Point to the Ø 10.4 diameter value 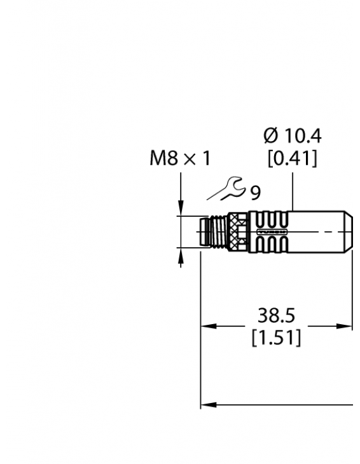pos(293,135)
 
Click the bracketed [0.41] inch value pos(293,158)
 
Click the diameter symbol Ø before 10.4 pos(270,135)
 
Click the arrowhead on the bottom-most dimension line pos(206,404)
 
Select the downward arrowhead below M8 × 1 pos(181,210)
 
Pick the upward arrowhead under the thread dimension pos(181,255)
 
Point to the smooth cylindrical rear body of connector pos(321,233)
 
